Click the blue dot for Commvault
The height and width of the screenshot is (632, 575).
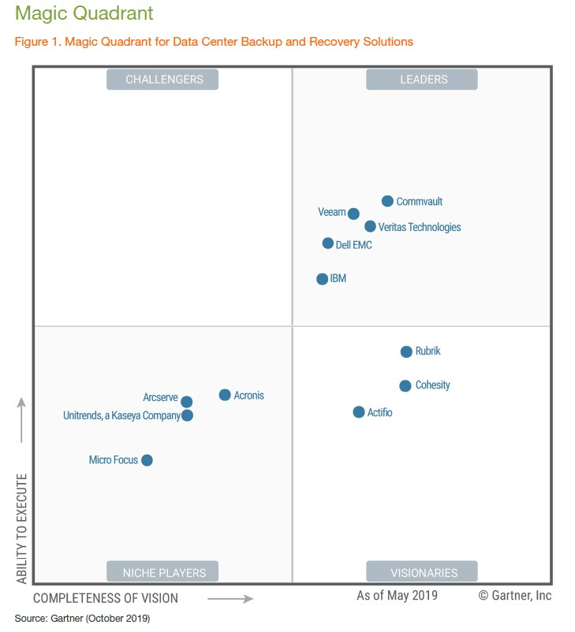coord(387,201)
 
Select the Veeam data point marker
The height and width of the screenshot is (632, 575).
coord(353,214)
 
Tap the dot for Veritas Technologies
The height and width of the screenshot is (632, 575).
coord(370,226)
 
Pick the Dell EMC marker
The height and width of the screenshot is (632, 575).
coord(328,244)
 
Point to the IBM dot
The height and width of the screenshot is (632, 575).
coord(322,279)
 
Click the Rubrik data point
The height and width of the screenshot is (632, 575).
coord(406,352)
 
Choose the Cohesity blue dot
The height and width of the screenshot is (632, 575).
coord(405,386)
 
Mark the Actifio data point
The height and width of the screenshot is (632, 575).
coord(359,412)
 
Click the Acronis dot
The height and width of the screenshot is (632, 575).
coord(225,395)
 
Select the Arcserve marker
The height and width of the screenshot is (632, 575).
coord(186,402)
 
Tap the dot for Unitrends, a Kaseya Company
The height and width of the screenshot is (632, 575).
coord(187,415)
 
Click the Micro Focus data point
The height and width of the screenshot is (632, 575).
coord(147,460)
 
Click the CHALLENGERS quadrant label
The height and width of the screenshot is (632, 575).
coord(163,80)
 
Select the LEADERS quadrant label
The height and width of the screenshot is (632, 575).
coord(422,80)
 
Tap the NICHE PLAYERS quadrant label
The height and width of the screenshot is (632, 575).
coord(163,572)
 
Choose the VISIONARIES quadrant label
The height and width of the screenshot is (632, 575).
coord(422,572)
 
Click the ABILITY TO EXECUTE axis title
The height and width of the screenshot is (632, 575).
coord(21,529)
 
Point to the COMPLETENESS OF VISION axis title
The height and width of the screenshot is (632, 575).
coord(106,598)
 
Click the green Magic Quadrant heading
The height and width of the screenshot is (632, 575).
coord(84,14)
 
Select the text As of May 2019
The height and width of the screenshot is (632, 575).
coord(397,596)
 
